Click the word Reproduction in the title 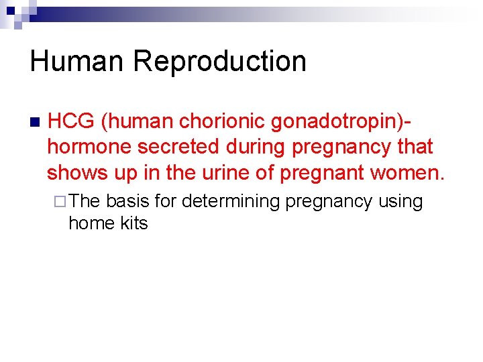point(219,61)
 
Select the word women point(407,172)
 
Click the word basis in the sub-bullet point(127,201)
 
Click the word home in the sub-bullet point(90,223)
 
